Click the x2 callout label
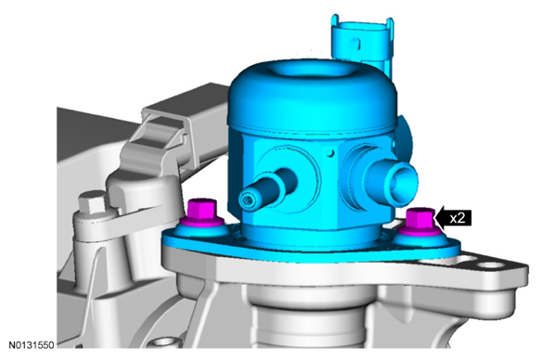pyautogui.click(x=458, y=218)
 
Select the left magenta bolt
pyautogui.click(x=201, y=212)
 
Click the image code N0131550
pyautogui.click(x=32, y=345)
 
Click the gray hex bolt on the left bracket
pyautogui.click(x=92, y=201)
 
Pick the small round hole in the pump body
pyautogui.click(x=331, y=152)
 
